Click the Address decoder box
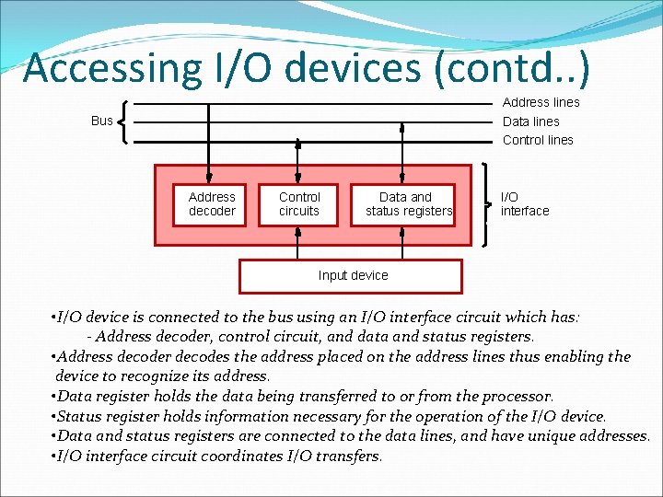pyautogui.click(x=212, y=204)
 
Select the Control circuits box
pyautogui.click(x=299, y=204)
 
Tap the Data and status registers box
pyautogui.click(x=409, y=204)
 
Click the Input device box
pyautogui.click(x=351, y=275)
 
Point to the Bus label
pyautogui.click(x=102, y=121)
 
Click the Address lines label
pyautogui.click(x=541, y=102)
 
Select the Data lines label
pyautogui.click(x=530, y=121)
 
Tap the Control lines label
pyautogui.click(x=538, y=140)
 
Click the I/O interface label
pyautogui.click(x=524, y=204)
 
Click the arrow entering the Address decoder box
pyautogui.click(x=210, y=175)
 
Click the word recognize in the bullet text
pyautogui.click(x=180, y=376)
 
